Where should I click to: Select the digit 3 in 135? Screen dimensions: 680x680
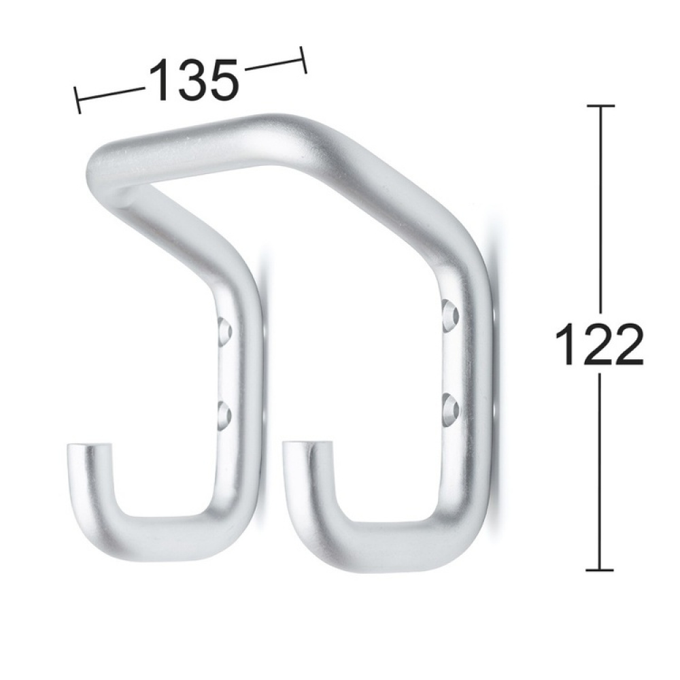tap(192, 80)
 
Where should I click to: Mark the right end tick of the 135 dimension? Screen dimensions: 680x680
tap(303, 59)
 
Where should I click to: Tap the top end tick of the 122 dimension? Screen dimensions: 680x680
tap(599, 106)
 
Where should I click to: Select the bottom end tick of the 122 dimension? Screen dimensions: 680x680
tap(599, 570)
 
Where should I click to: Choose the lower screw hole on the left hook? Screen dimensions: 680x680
tap(224, 413)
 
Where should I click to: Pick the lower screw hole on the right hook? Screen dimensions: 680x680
tap(449, 407)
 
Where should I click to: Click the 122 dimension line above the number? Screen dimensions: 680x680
tap(599, 211)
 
